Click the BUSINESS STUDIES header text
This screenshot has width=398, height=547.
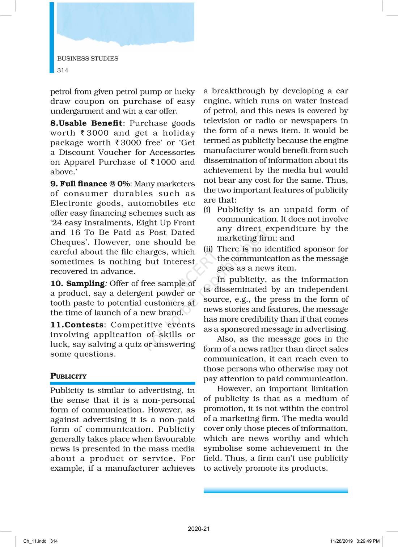[88, 59]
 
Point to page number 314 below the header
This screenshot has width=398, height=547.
[63, 70]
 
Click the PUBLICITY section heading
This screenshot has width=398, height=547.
[68, 376]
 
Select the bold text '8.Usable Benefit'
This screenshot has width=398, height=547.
[86, 123]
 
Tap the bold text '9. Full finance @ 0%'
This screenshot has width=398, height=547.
[90, 184]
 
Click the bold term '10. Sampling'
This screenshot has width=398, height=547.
[77, 284]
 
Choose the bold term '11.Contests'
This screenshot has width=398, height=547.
[77, 325]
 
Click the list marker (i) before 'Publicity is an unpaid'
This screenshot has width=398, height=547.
[207, 210]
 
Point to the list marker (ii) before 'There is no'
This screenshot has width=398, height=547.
[208, 249]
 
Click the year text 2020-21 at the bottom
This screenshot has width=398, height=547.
[199, 529]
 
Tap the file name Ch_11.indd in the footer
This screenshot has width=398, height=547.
[35, 541]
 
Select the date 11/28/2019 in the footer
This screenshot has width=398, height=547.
[341, 541]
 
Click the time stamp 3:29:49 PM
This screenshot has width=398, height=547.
[368, 541]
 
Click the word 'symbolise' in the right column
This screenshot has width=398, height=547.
[223, 448]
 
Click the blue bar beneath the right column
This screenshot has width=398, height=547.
[276, 490]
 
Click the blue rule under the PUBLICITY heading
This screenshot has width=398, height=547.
[123, 383]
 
